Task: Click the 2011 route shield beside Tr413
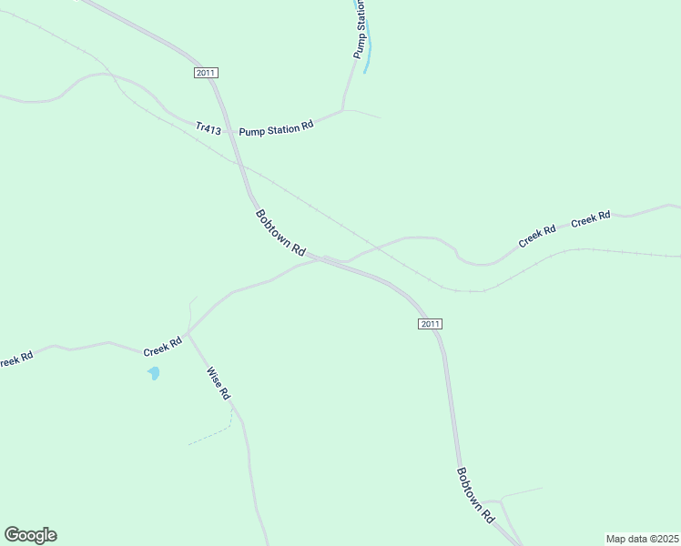point(207,73)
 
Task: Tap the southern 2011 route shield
point(431,324)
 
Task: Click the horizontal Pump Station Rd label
point(276,129)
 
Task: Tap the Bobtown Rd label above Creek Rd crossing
point(280,233)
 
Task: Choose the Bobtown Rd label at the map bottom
point(474,495)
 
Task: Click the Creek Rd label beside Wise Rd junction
point(163,347)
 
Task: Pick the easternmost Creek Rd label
point(590,218)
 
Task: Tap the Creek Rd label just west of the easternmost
point(537,237)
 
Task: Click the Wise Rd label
point(219,384)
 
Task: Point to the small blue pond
point(154,373)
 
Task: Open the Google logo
point(30,535)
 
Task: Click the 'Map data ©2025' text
point(642,538)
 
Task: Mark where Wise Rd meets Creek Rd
point(188,333)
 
